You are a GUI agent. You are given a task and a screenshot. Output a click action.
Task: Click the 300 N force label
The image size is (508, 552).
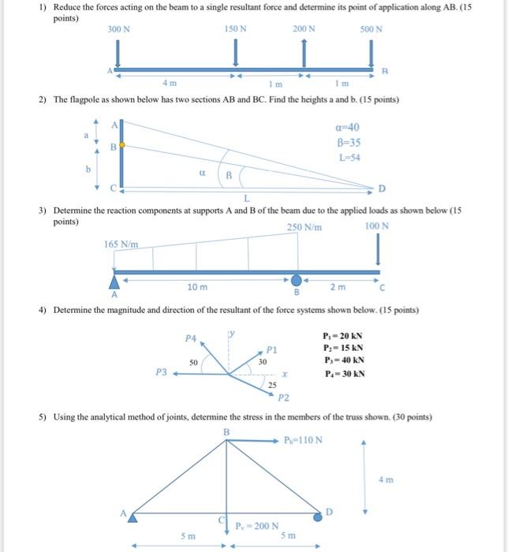coord(119,29)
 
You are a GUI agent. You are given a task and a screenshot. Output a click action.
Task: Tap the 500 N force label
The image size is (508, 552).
coord(371,29)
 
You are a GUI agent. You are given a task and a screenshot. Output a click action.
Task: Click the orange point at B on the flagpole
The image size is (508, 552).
coord(121,147)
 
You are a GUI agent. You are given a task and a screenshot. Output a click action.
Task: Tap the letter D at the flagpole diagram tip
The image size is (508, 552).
coord(383,188)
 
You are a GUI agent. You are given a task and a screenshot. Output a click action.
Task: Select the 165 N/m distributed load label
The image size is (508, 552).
coord(121,244)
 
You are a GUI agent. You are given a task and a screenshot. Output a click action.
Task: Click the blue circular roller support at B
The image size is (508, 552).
coord(297,281)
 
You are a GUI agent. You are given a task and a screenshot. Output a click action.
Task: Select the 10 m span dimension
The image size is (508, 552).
coord(198,288)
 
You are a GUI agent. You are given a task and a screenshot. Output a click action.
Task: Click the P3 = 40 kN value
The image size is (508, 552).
coord(343,361)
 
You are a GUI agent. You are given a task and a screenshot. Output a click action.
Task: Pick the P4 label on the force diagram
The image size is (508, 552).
coord(189,338)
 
